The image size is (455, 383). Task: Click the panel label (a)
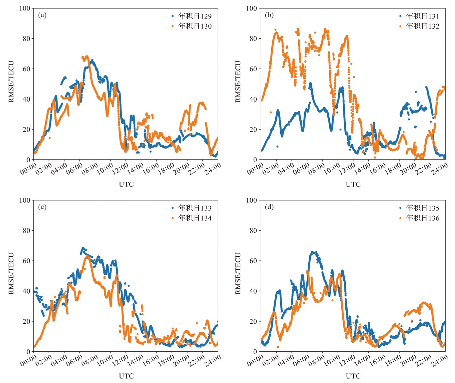[42, 15]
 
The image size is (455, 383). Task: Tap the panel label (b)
[269, 15]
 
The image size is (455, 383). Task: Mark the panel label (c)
[42, 207]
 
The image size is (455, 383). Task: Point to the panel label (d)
[269, 207]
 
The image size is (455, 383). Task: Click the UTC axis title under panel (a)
[126, 184]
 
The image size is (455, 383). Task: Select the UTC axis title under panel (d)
[353, 376]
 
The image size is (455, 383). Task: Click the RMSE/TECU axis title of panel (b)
[238, 82]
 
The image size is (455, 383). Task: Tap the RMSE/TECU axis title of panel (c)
[11, 273]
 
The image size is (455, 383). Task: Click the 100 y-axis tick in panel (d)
[252, 200]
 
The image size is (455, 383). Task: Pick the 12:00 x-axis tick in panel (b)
[346, 169]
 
